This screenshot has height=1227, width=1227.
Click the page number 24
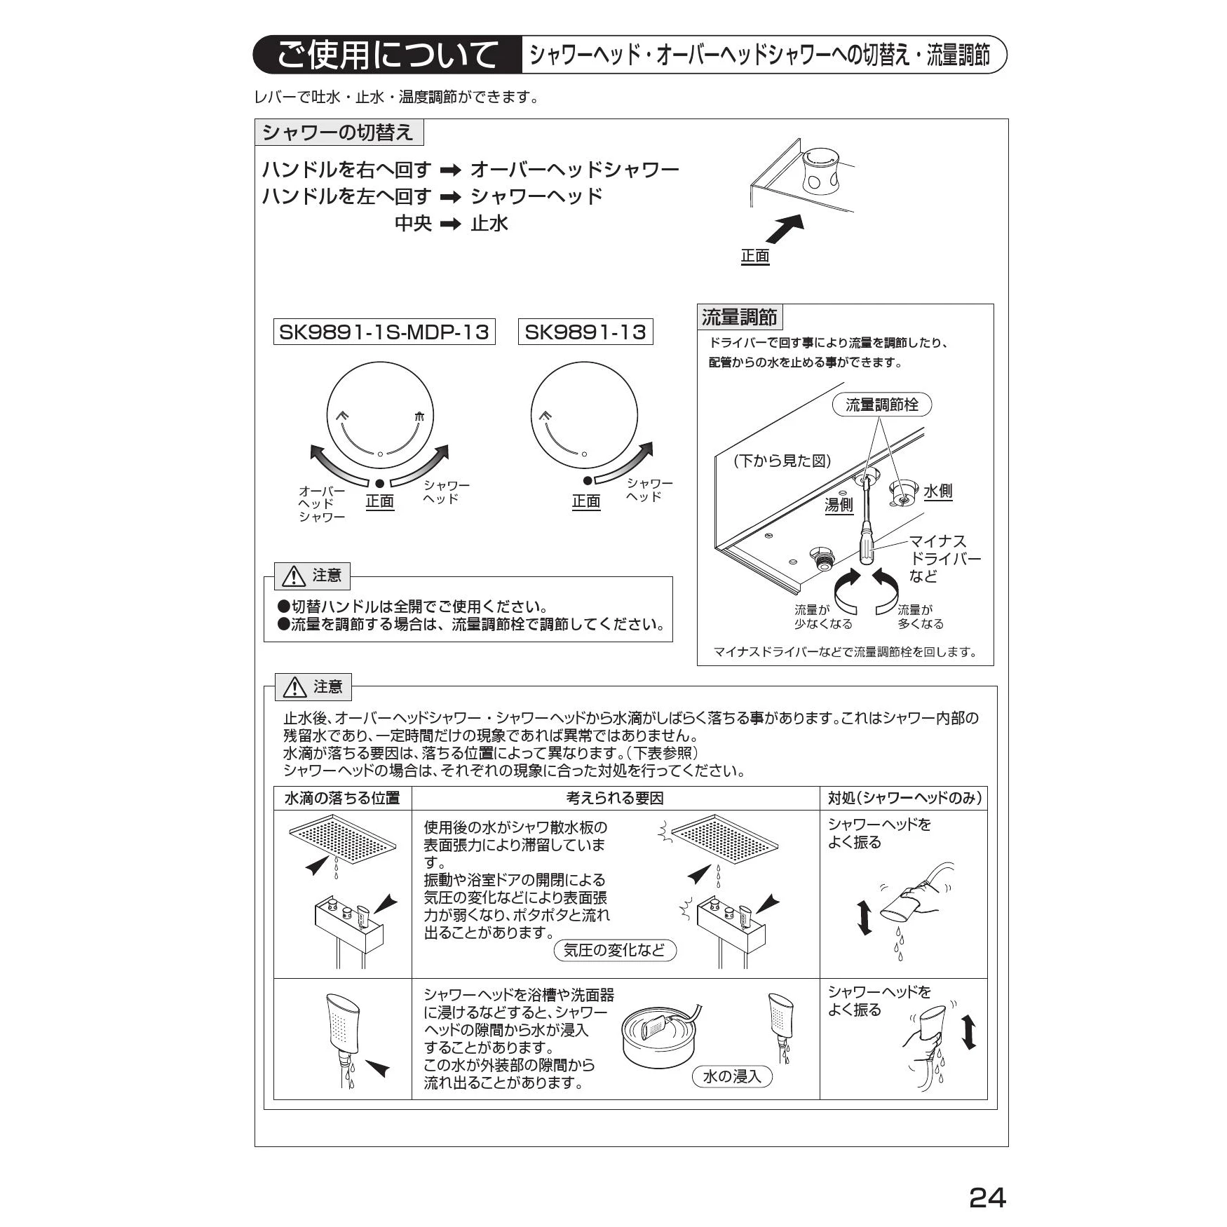(x=987, y=1198)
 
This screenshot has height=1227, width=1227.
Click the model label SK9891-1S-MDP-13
(x=384, y=332)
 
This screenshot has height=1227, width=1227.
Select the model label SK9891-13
(x=585, y=332)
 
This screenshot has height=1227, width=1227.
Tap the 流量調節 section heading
(x=740, y=317)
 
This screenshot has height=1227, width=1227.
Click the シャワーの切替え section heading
(x=339, y=133)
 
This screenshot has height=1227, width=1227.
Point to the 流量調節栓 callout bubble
(x=882, y=405)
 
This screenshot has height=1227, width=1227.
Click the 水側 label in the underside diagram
(x=937, y=491)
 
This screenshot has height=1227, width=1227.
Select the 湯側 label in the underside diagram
(x=839, y=504)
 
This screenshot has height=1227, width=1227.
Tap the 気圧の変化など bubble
(x=615, y=950)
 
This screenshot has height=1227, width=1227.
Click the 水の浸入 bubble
(x=731, y=1076)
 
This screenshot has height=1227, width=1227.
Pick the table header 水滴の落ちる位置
(x=342, y=798)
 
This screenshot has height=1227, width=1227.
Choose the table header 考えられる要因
(x=615, y=798)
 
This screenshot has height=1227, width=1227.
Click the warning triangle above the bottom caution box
(x=294, y=687)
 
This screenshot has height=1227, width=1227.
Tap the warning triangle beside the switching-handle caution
(x=293, y=576)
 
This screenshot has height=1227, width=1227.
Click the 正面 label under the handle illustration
(x=755, y=256)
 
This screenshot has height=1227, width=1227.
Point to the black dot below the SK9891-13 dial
(x=588, y=480)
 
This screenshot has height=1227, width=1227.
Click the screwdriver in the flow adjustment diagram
(x=867, y=520)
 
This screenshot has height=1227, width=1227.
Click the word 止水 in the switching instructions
(x=489, y=223)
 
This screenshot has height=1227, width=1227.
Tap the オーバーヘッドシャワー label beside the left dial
(x=322, y=503)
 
